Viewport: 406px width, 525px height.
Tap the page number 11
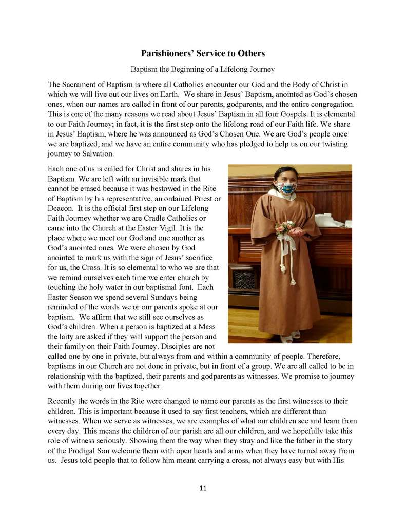pyautogui.click(x=203, y=488)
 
